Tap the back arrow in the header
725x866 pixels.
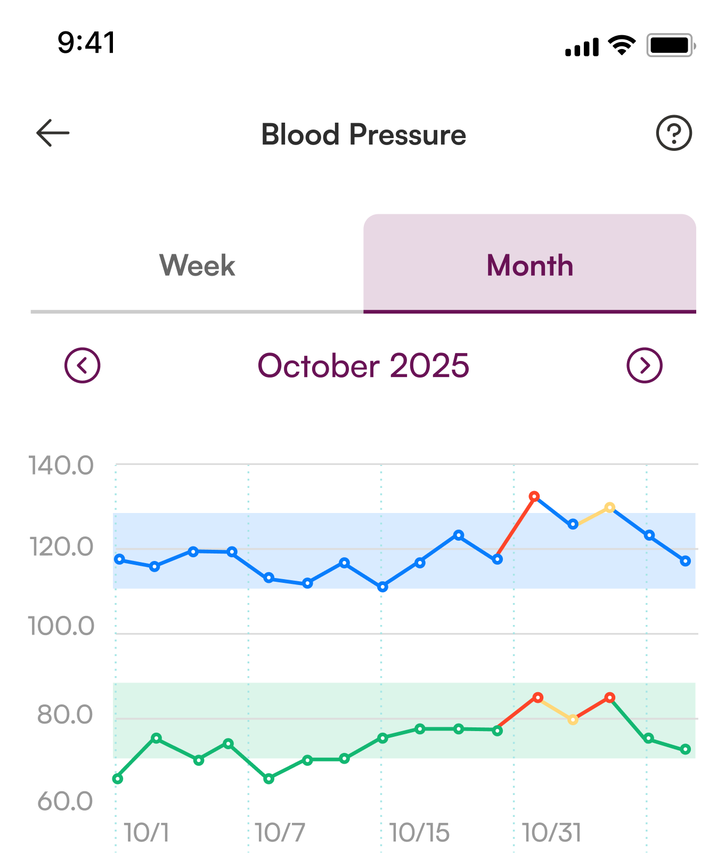pyautogui.click(x=53, y=133)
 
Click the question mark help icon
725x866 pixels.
pyautogui.click(x=674, y=133)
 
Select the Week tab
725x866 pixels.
pyautogui.click(x=197, y=265)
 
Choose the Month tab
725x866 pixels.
pyautogui.click(x=530, y=265)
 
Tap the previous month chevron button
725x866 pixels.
pyautogui.click(x=82, y=366)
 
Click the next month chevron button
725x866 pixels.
pyautogui.click(x=645, y=366)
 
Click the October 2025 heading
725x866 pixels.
pyautogui.click(x=363, y=366)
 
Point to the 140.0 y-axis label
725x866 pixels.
pyautogui.click(x=61, y=466)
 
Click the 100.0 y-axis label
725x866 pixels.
pyautogui.click(x=61, y=626)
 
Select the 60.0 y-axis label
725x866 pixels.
pyautogui.click(x=65, y=801)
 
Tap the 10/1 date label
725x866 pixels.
pyautogui.click(x=146, y=833)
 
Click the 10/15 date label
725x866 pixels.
pyautogui.click(x=419, y=833)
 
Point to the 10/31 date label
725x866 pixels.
pyautogui.click(x=551, y=833)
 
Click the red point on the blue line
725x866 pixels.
pyautogui.click(x=534, y=496)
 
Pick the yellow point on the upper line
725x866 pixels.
pyautogui.click(x=610, y=508)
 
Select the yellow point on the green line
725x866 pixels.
pyautogui.click(x=573, y=720)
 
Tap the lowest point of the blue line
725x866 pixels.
pyautogui.click(x=382, y=587)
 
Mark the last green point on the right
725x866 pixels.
pyautogui.click(x=686, y=749)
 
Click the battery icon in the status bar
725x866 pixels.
pyautogui.click(x=671, y=46)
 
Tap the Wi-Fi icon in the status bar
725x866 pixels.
pyautogui.click(x=622, y=45)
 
